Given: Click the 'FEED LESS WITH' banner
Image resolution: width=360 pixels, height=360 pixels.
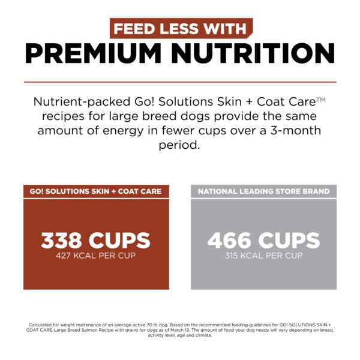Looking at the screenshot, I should click(180, 29).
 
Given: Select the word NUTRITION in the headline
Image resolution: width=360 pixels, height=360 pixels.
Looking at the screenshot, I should click(258, 54).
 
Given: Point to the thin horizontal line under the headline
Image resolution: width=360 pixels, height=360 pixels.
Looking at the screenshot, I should click(180, 82).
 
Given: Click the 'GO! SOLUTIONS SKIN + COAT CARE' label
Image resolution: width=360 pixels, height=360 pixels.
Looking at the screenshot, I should click(96, 192).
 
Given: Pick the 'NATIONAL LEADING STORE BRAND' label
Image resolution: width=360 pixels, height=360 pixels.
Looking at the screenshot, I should click(264, 192).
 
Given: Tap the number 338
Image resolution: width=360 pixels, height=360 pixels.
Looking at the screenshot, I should click(64, 240).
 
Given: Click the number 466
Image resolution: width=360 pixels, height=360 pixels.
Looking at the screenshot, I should click(231, 240).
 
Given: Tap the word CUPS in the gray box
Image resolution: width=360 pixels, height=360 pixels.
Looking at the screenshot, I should click(289, 240).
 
